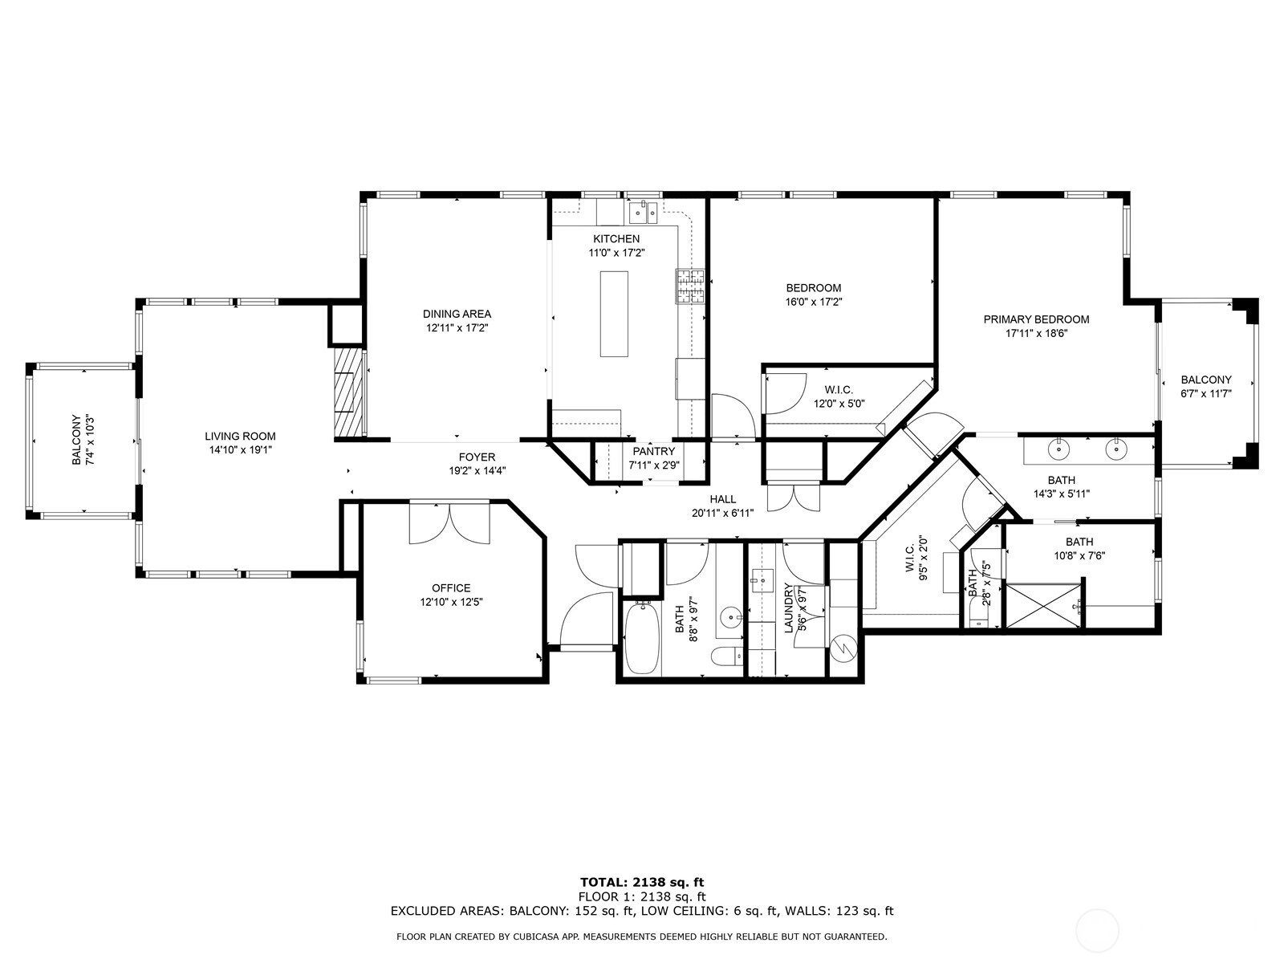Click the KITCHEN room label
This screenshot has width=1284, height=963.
click(616, 238)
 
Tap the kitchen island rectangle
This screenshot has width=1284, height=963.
click(614, 314)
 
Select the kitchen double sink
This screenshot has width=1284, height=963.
click(644, 212)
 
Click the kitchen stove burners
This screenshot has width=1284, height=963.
click(690, 286)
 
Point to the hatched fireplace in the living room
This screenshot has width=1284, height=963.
click(349, 392)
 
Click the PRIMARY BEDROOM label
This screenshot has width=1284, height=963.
click(1036, 319)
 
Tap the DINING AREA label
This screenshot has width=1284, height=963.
click(457, 314)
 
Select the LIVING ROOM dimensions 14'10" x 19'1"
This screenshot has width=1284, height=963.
click(241, 450)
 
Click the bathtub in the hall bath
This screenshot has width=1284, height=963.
click(642, 639)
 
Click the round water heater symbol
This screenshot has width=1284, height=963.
click(843, 648)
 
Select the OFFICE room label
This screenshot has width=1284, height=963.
click(451, 588)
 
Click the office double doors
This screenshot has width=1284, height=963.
click(449, 522)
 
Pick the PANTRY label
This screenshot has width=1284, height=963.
click(653, 451)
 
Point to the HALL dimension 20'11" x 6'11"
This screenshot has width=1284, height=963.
click(722, 514)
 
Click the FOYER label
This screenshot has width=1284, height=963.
click(477, 457)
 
